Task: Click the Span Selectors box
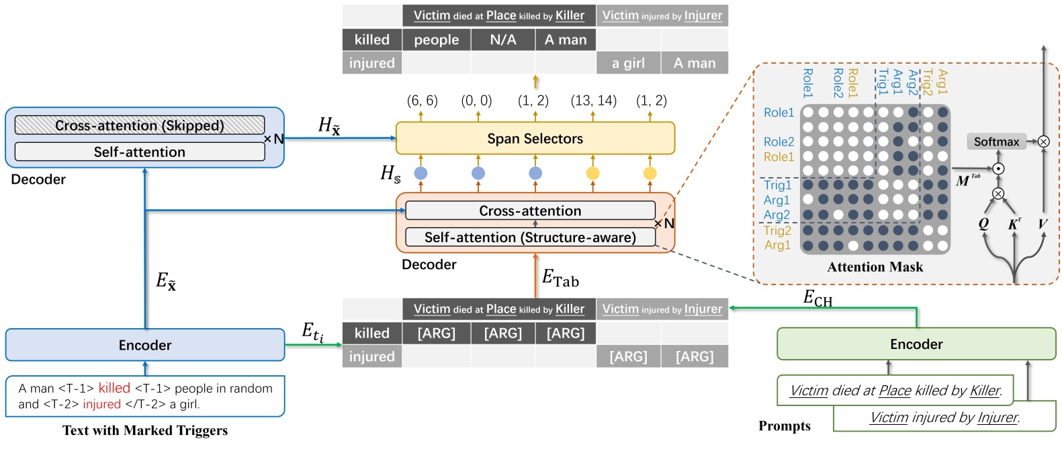(535, 139)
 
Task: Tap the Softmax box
(996, 142)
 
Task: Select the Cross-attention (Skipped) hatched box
(140, 126)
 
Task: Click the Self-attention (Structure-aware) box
(530, 238)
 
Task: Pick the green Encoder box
(916, 344)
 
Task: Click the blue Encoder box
(145, 345)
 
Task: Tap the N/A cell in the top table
(502, 40)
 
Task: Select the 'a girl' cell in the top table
(628, 63)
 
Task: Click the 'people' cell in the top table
(436, 40)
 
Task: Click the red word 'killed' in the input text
(114, 388)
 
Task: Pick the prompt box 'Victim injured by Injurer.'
(944, 417)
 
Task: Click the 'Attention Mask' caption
(875, 267)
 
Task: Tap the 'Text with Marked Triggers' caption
(145, 430)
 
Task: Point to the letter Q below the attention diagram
(983, 224)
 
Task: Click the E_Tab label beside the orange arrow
(560, 278)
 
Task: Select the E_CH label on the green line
(817, 298)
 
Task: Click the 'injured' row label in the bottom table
(371, 356)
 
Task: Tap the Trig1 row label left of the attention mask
(777, 185)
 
